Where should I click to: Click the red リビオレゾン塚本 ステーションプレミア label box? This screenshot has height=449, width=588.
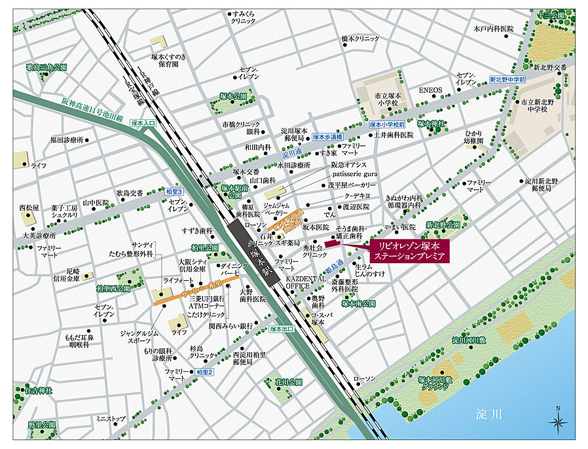click(x=407, y=251)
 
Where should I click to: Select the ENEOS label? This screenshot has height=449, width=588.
click(x=431, y=90)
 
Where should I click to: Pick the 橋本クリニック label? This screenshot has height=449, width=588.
click(x=360, y=39)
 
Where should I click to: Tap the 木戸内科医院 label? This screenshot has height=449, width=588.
click(x=494, y=29)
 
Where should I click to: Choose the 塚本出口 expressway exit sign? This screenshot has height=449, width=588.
click(x=282, y=329)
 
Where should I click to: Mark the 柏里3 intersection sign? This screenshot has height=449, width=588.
click(x=174, y=190)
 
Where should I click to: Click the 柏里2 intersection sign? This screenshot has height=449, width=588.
click(x=204, y=372)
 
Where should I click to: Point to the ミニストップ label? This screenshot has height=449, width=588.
click(x=110, y=418)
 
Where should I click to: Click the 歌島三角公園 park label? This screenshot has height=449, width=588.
click(x=46, y=67)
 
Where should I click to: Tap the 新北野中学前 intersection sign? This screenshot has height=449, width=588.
click(x=507, y=79)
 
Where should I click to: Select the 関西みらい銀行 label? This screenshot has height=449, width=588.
click(x=230, y=325)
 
